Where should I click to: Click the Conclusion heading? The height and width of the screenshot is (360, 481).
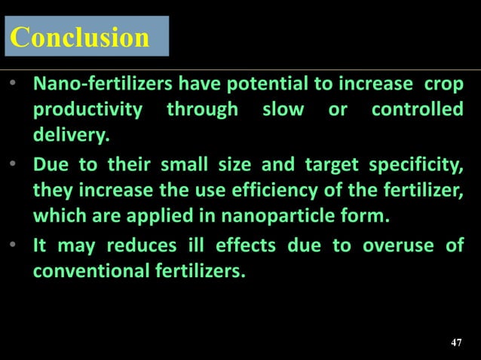pos(80,38)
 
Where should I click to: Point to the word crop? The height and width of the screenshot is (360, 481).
pos(444,83)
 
